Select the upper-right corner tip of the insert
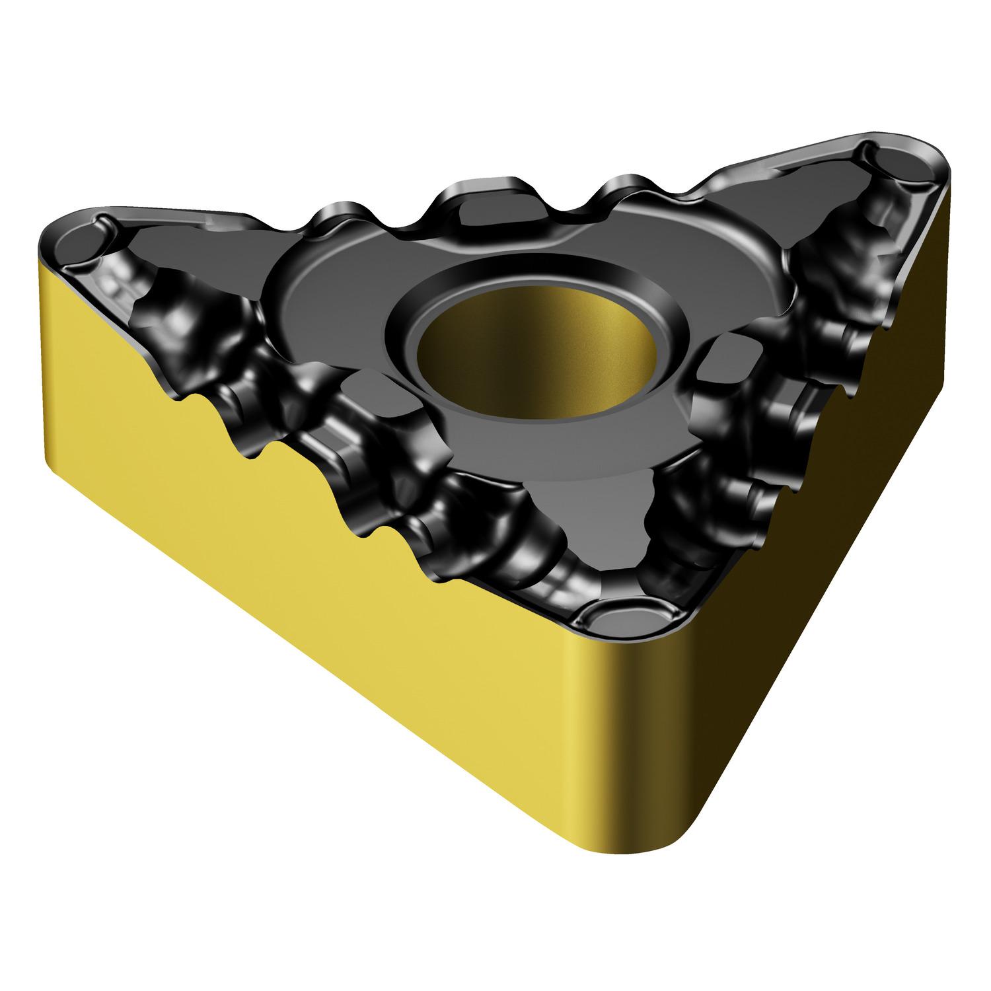(x=938, y=155)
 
